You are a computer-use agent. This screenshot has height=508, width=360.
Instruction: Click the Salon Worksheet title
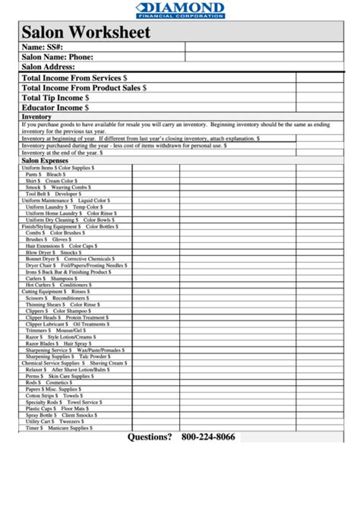(x=86, y=33)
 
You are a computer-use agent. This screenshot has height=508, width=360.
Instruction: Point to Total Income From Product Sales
(x=84, y=88)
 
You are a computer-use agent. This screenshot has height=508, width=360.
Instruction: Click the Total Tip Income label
(x=55, y=98)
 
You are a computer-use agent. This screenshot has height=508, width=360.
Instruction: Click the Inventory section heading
(x=36, y=117)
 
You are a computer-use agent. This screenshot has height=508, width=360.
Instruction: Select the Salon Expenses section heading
(x=45, y=161)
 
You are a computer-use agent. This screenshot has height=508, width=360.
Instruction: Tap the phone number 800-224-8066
(x=208, y=437)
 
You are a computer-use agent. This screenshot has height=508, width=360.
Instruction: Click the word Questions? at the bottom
(x=150, y=437)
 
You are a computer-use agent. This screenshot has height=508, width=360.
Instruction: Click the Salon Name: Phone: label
(x=58, y=57)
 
